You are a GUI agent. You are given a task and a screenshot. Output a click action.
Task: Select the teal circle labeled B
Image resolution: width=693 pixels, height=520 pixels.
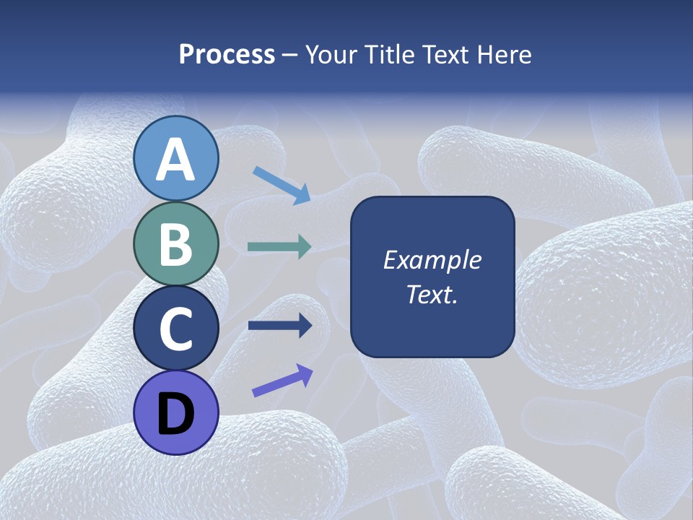(x=176, y=244)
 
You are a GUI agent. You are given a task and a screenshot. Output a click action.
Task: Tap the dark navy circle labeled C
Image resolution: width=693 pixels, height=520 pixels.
(x=176, y=329)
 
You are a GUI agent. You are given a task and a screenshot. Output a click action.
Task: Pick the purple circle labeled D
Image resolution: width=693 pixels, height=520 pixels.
(x=176, y=412)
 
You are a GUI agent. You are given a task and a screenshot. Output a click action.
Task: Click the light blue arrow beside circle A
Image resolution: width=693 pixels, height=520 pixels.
(x=282, y=185)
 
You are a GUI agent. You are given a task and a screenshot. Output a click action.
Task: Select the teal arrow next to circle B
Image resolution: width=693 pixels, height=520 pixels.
(x=279, y=247)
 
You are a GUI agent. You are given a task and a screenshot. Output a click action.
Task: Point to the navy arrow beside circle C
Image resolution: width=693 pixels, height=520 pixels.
(x=279, y=326)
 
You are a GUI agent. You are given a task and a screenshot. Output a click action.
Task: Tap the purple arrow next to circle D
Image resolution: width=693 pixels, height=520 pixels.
(x=282, y=381)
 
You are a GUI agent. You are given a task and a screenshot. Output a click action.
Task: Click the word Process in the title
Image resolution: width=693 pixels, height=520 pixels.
(x=227, y=55)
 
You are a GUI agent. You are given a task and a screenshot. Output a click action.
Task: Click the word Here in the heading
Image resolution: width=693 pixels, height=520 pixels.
(x=502, y=55)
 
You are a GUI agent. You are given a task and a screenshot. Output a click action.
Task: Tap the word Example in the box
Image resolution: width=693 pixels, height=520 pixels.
(x=432, y=260)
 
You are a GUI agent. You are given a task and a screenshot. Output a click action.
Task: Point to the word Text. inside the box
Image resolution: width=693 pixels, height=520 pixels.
(x=432, y=295)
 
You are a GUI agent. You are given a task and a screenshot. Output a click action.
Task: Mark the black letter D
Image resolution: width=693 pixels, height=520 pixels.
(x=176, y=414)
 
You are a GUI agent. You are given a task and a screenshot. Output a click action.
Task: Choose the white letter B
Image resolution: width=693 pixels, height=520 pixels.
(x=176, y=245)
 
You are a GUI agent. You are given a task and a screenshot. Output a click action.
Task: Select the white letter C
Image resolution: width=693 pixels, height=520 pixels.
(x=176, y=329)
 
